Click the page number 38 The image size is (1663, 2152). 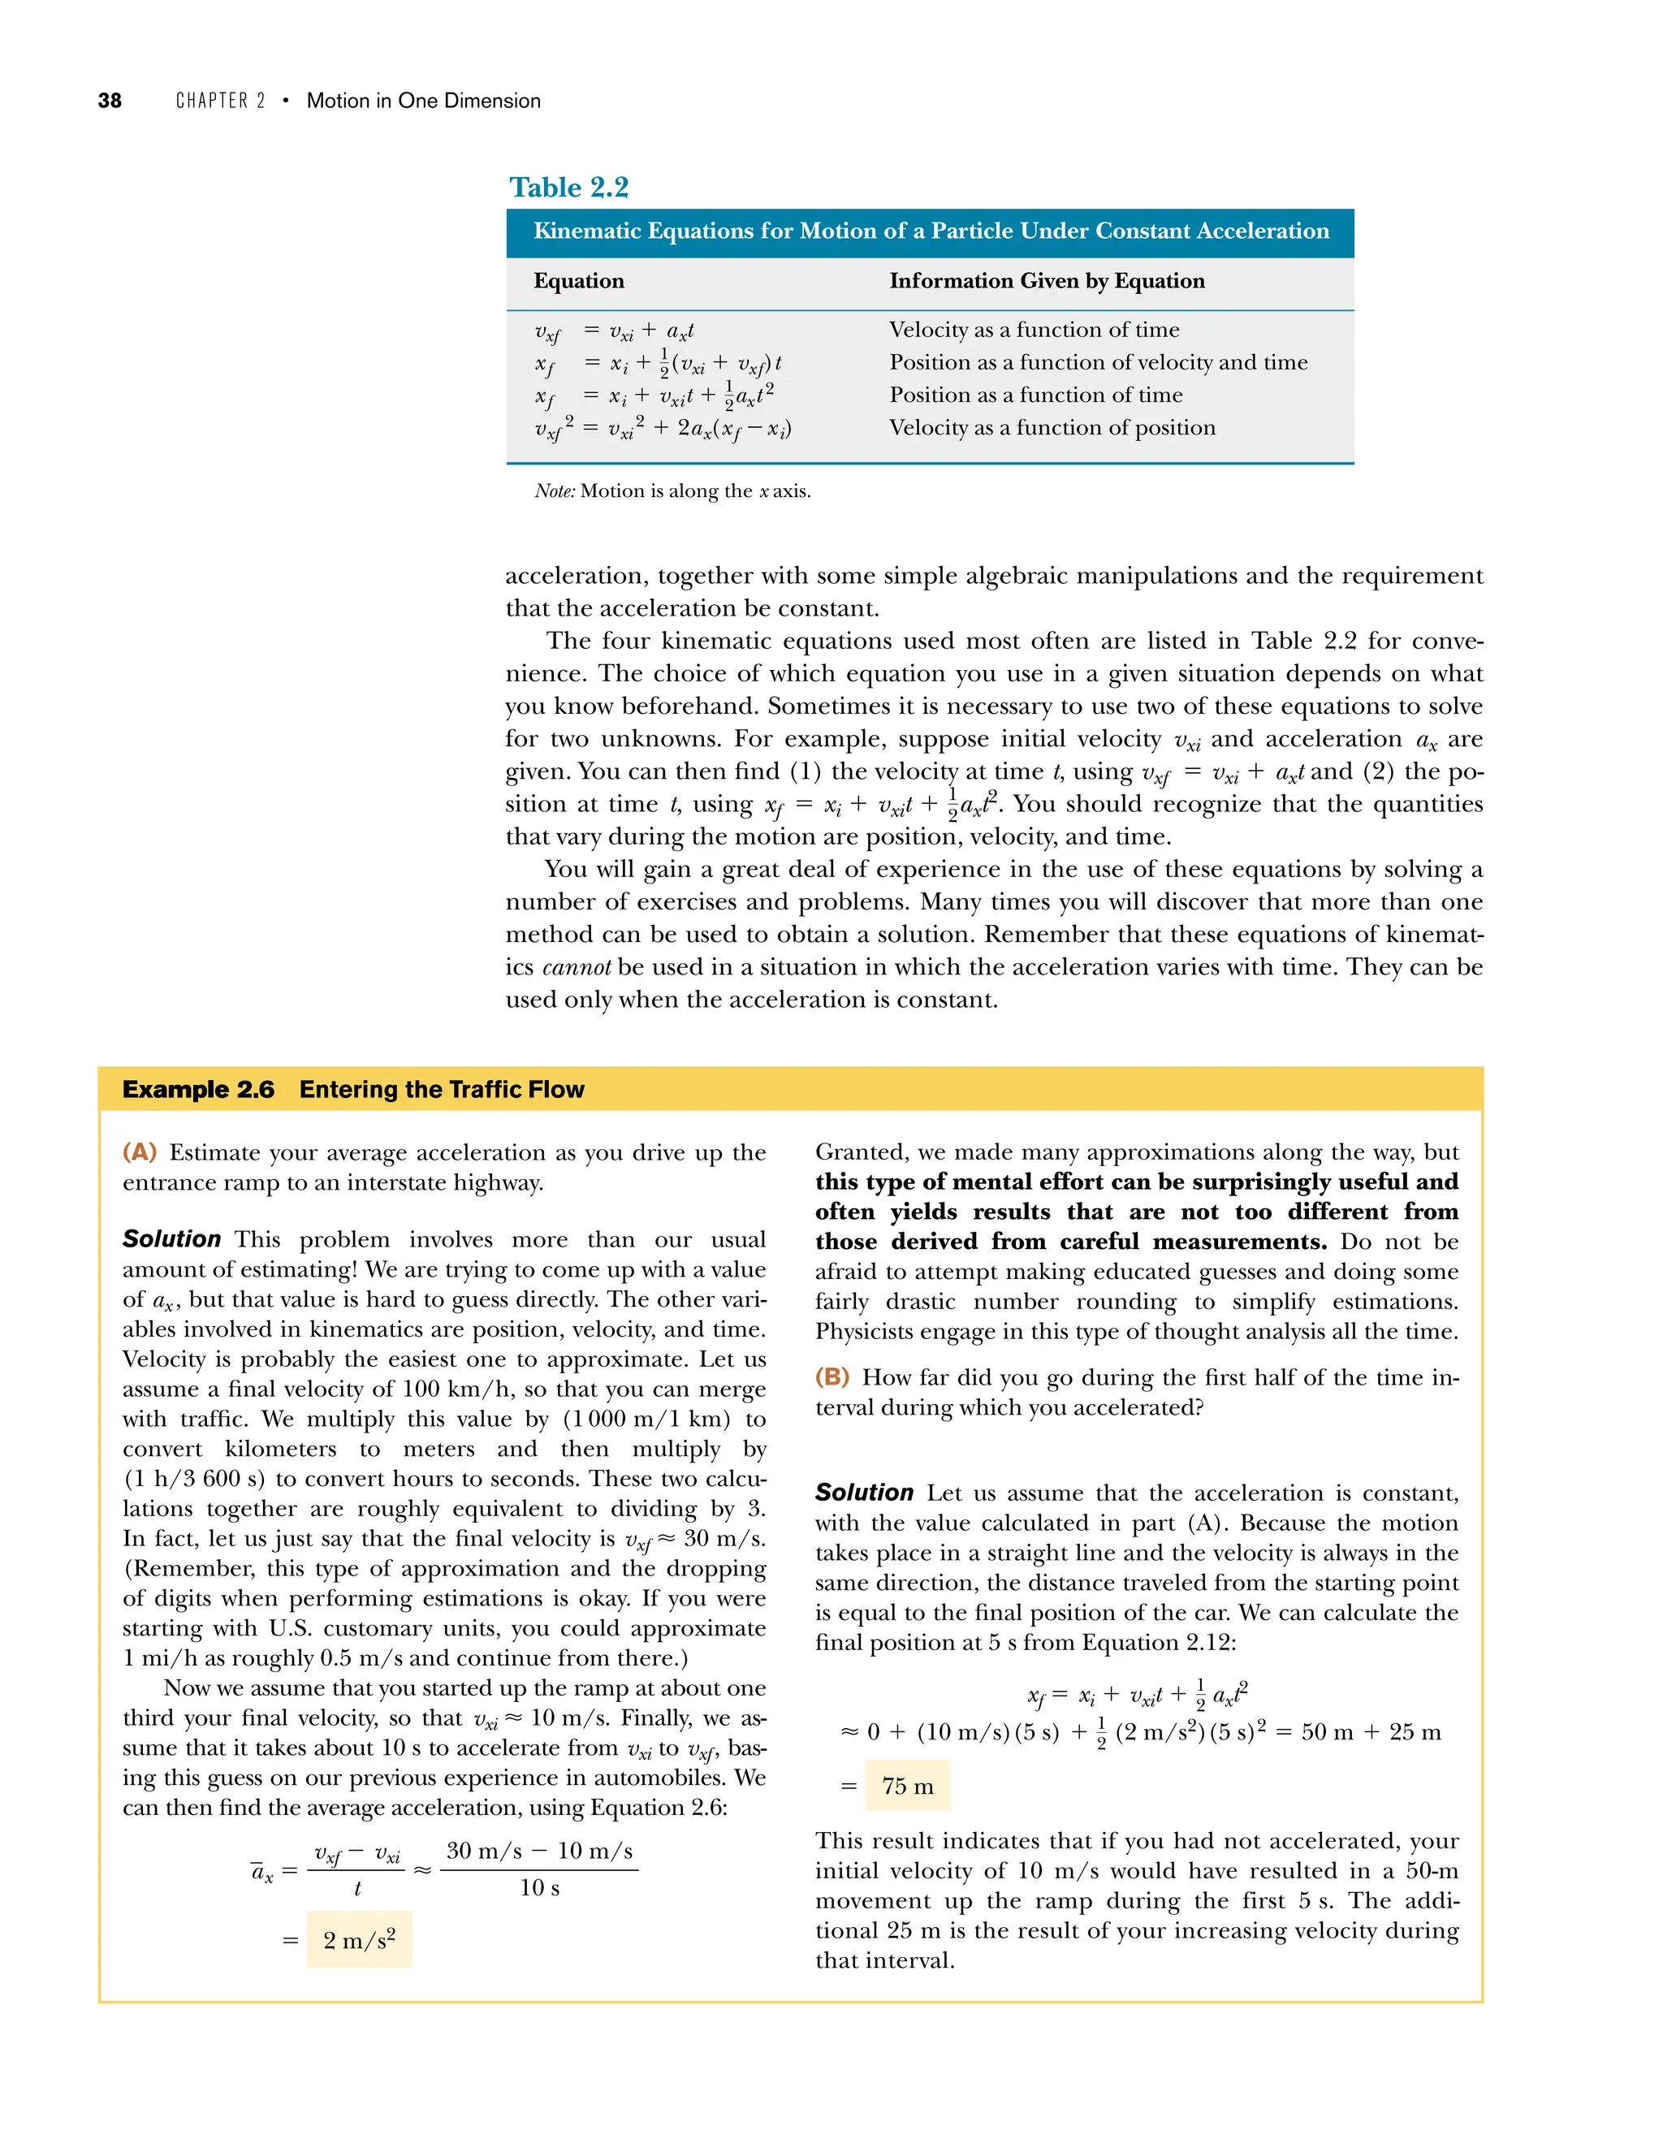110,101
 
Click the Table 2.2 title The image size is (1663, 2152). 568,188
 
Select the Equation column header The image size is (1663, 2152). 578,281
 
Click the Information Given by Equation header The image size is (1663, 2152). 1046,281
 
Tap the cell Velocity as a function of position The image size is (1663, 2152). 1052,428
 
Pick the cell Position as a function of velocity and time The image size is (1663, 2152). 1098,363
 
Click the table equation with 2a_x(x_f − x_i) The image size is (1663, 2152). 663,429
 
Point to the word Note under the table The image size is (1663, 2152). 554,490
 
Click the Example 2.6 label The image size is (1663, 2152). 198,1089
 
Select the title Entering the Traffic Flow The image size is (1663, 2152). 442,1089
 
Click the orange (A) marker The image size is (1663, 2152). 140,1152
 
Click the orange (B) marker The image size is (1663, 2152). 832,1376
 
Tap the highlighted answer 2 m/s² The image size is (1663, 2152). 359,1940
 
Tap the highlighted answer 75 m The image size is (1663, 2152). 907,1786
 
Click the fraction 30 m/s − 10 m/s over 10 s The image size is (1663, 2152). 539,1869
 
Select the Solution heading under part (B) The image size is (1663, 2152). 864,1493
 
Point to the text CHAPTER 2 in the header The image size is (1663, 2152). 221,101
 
